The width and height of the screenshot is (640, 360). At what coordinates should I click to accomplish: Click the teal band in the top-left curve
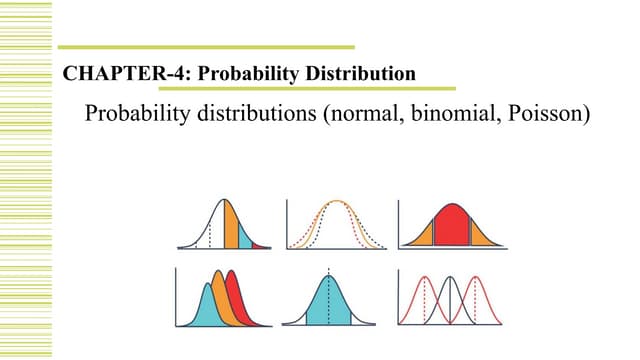pyautogui.click(x=244, y=233)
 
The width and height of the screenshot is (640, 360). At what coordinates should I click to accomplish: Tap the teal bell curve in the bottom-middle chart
pyautogui.click(x=329, y=300)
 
